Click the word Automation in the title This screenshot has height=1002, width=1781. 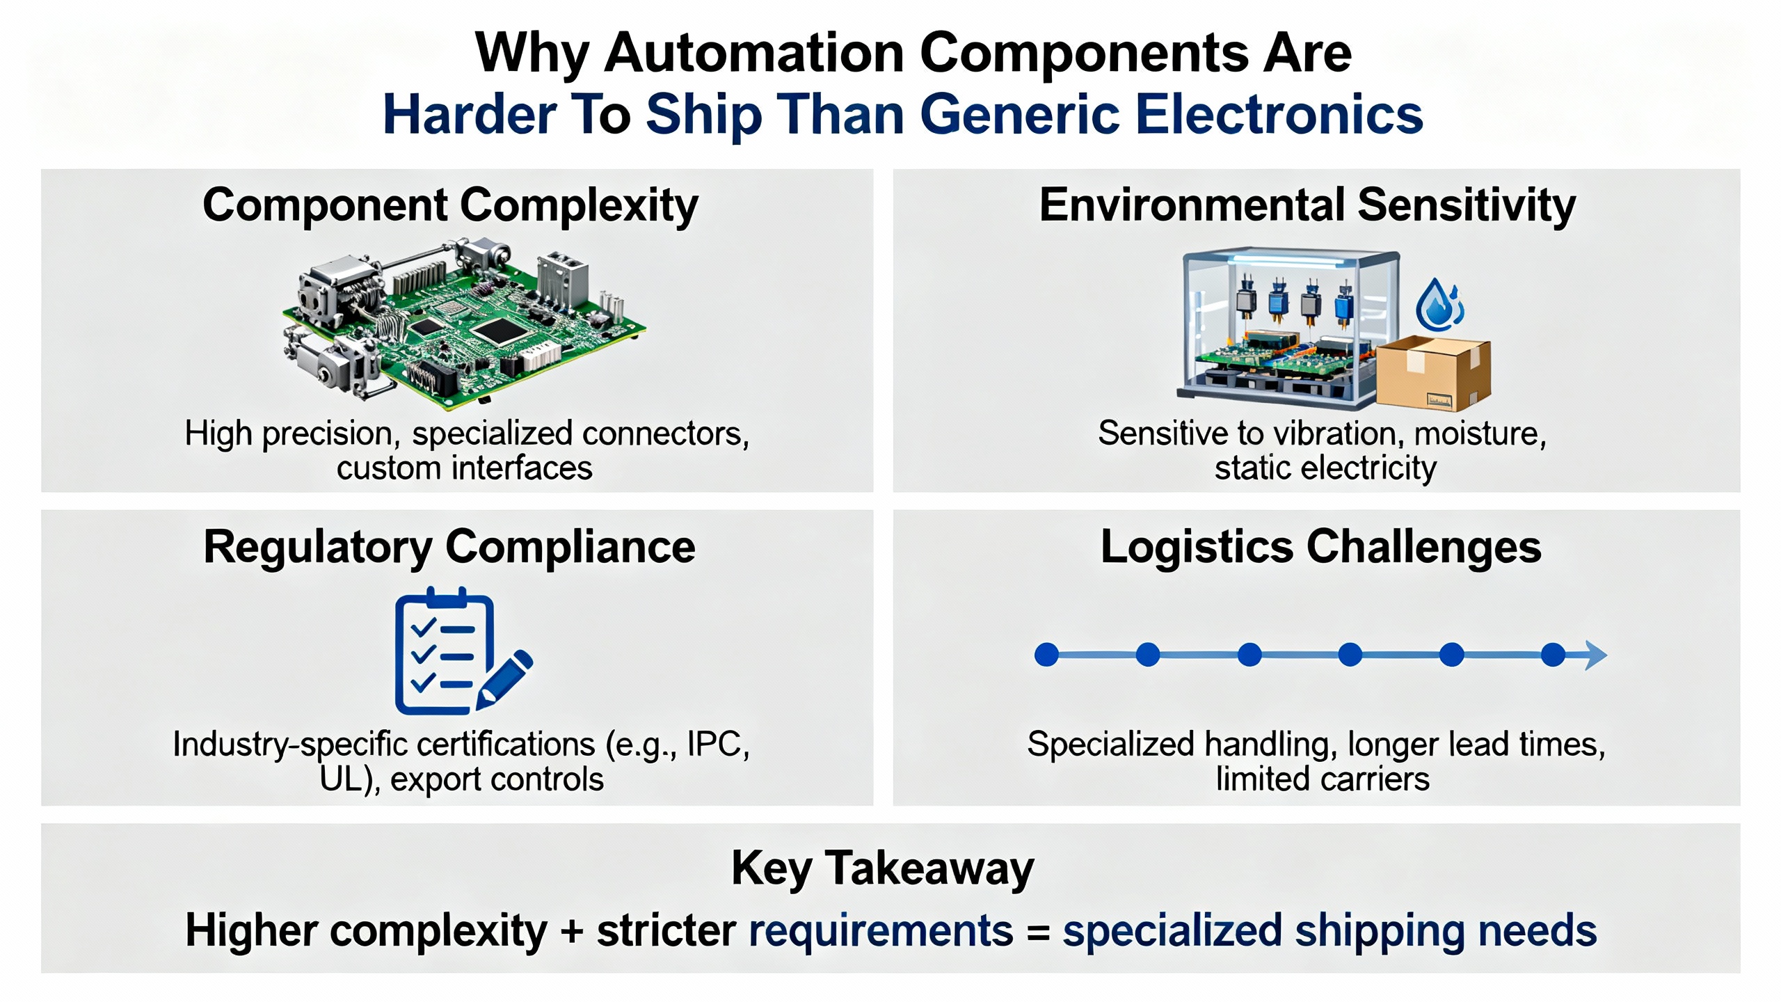click(x=754, y=53)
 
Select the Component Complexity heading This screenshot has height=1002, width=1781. click(x=450, y=206)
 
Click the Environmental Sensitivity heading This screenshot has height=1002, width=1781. click(x=1307, y=206)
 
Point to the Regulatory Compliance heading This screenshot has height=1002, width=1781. click(x=449, y=547)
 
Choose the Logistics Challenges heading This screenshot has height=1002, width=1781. click(x=1320, y=547)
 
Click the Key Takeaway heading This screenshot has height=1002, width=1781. click(x=882, y=869)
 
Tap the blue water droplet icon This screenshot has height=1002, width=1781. click(x=1438, y=306)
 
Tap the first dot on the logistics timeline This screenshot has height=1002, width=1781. click(x=1046, y=655)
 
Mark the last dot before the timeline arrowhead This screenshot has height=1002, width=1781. click(x=1553, y=655)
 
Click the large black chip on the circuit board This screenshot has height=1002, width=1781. click(x=498, y=331)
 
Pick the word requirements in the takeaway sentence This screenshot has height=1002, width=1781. click(x=880, y=931)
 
